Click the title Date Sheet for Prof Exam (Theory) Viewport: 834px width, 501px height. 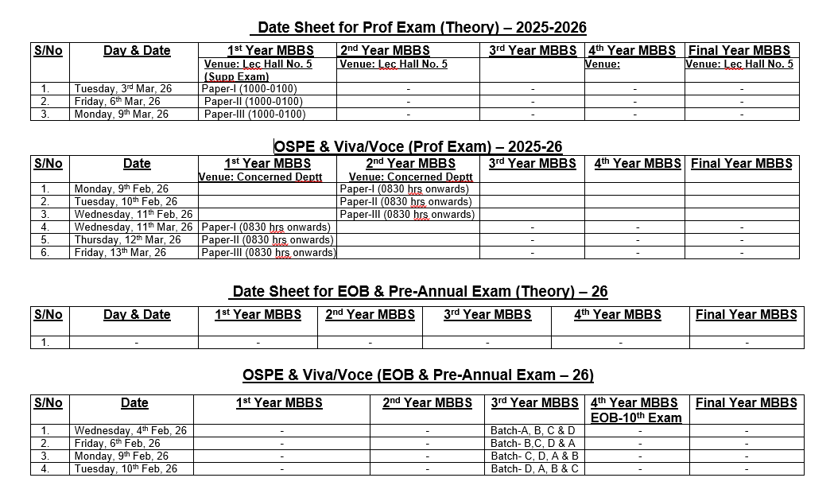coord(419,28)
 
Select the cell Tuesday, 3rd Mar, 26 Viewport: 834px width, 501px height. coord(123,88)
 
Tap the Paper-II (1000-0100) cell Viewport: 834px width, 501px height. coord(253,101)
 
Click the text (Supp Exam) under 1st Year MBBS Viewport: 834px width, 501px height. coord(236,76)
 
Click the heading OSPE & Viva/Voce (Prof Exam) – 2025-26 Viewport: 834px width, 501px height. coord(418,146)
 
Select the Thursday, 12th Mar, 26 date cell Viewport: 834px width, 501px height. coord(127,239)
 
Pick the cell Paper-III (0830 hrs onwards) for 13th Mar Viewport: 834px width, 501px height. coord(268,252)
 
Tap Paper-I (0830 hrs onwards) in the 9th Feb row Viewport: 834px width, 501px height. coord(404,188)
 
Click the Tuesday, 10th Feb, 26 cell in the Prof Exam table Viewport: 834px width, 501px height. coord(126,201)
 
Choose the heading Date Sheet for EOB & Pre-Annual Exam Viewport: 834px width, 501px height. coord(420,291)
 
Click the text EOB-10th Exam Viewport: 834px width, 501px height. coord(636,417)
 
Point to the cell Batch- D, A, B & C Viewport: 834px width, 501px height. coord(535,468)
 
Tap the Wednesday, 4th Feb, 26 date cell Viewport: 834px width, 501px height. coord(130,430)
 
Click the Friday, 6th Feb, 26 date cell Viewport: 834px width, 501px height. coord(117,443)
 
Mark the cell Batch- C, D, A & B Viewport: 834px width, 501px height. coord(535,456)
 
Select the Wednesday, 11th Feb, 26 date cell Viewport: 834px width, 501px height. coord(134,214)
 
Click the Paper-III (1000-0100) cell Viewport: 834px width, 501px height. coord(254,114)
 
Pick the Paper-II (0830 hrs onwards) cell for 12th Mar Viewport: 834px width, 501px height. coord(266,239)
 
